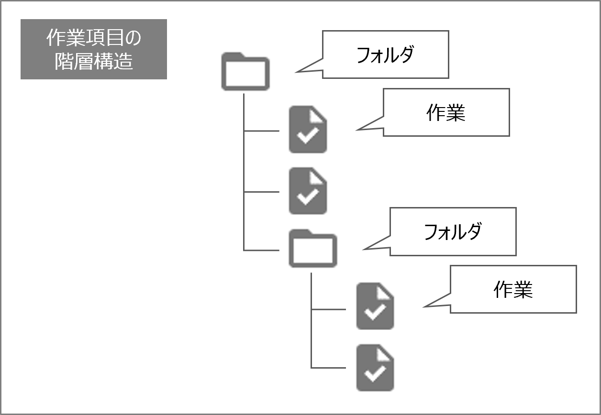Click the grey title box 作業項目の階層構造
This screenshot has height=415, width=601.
(94, 49)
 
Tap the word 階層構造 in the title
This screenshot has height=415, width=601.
(94, 62)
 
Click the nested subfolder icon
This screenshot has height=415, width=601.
(312, 249)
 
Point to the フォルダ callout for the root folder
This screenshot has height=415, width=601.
(385, 55)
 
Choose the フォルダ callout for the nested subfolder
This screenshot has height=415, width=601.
(453, 231)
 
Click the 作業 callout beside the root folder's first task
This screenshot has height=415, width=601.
(446, 112)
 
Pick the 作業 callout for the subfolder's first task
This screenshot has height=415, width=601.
(513, 289)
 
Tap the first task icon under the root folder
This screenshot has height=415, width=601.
(308, 130)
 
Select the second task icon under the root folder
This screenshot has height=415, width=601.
(308, 191)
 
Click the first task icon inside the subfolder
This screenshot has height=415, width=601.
(375, 306)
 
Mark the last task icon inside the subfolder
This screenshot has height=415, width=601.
(375, 368)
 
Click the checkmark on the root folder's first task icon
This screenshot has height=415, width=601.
(308, 136)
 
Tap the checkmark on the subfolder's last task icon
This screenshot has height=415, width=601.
(375, 374)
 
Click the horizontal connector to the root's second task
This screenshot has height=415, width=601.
(261, 192)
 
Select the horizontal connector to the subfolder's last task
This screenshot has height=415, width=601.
(328, 368)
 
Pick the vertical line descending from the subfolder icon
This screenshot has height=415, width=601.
(311, 320)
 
